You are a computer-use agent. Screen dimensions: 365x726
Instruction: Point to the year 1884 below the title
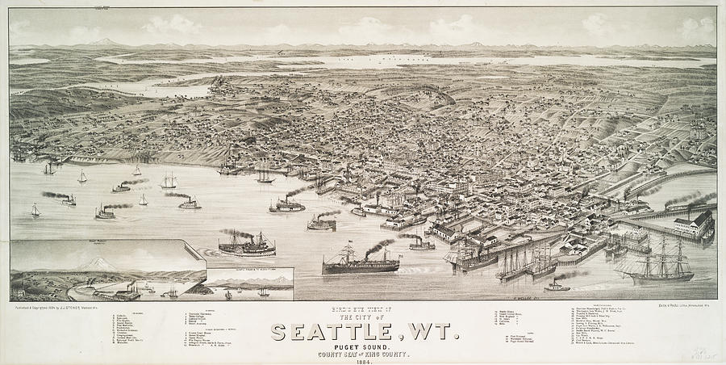(x=364, y=360)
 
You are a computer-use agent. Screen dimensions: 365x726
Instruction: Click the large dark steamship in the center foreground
(x=361, y=262)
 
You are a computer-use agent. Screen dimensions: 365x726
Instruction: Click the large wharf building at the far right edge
(x=695, y=224)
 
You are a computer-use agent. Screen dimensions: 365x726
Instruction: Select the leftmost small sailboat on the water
(x=35, y=211)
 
